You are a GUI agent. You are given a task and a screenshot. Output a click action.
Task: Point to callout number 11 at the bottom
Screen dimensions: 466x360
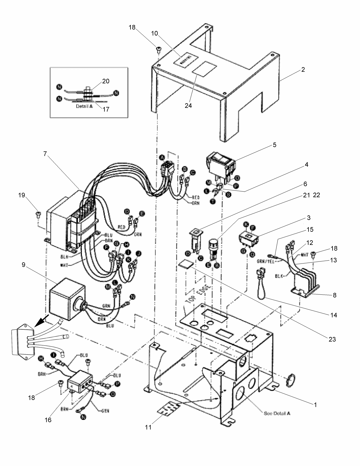click(148, 427)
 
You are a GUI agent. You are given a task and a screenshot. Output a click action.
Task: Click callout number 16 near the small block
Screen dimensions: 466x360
click(48, 420)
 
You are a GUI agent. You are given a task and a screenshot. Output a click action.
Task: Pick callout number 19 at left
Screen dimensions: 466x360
click(22, 195)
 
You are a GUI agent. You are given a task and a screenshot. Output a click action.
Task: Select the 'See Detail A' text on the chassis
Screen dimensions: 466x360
click(277, 413)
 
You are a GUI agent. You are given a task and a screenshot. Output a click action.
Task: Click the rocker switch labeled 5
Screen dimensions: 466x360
click(220, 164)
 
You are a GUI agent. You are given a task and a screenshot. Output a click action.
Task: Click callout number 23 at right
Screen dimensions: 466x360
click(332, 339)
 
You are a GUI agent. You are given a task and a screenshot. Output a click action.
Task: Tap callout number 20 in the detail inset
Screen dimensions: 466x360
click(106, 81)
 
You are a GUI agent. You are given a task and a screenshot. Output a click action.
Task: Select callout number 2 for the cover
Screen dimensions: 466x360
click(303, 70)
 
